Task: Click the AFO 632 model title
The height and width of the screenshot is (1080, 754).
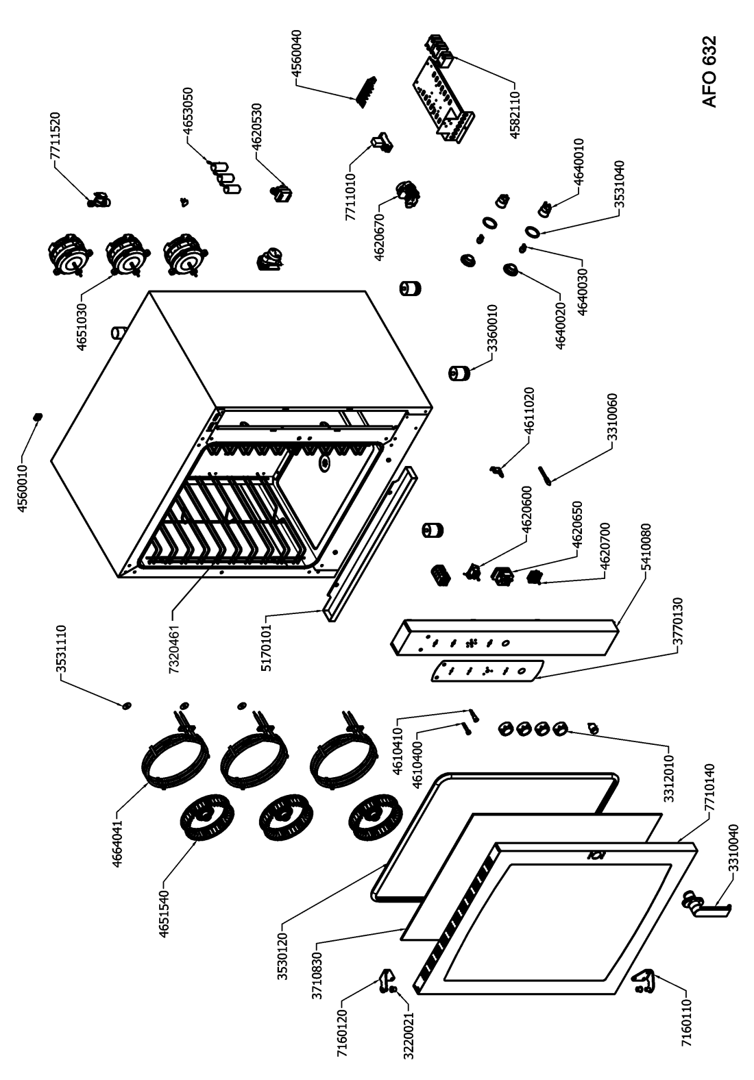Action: click(709, 72)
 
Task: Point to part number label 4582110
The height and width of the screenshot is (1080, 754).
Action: click(516, 111)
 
